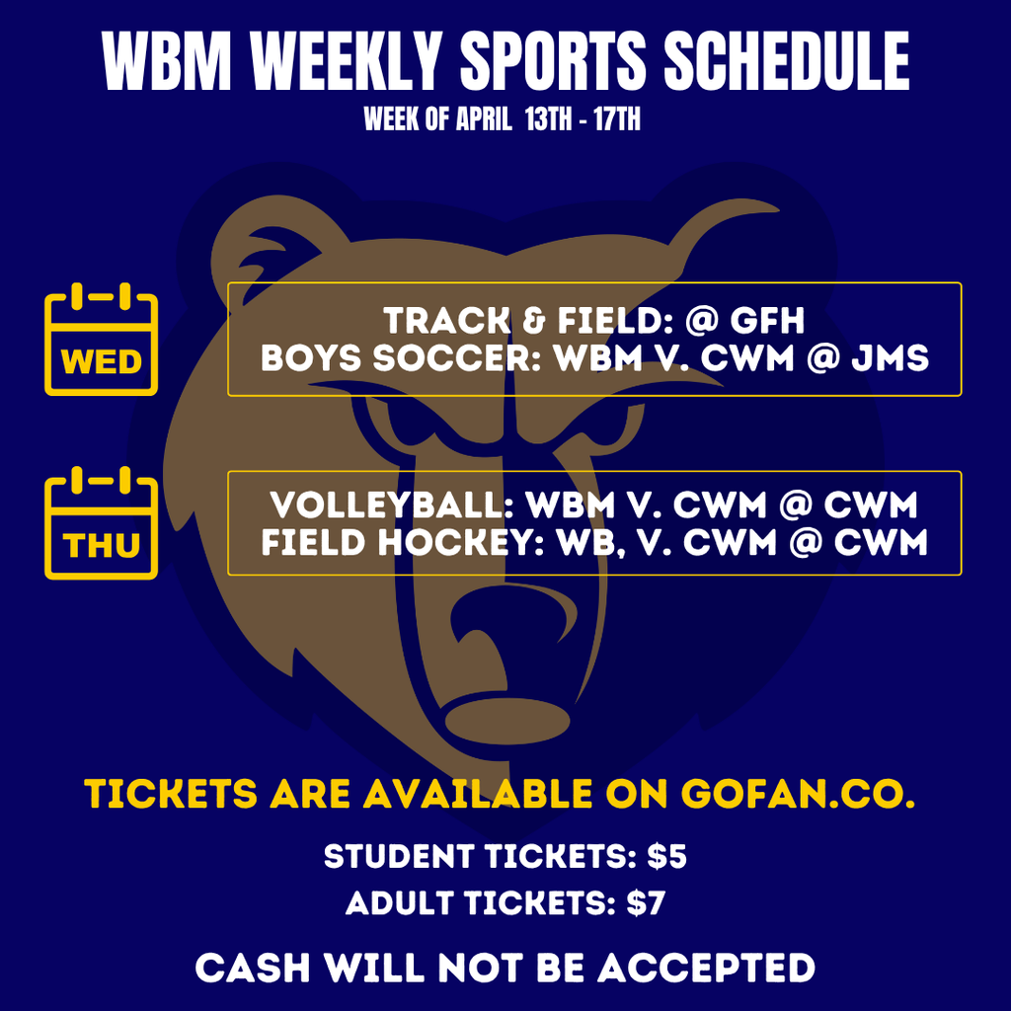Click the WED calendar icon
click(101, 340)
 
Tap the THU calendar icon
click(101, 528)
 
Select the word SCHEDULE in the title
click(786, 63)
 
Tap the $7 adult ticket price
click(647, 902)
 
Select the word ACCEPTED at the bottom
click(706, 968)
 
